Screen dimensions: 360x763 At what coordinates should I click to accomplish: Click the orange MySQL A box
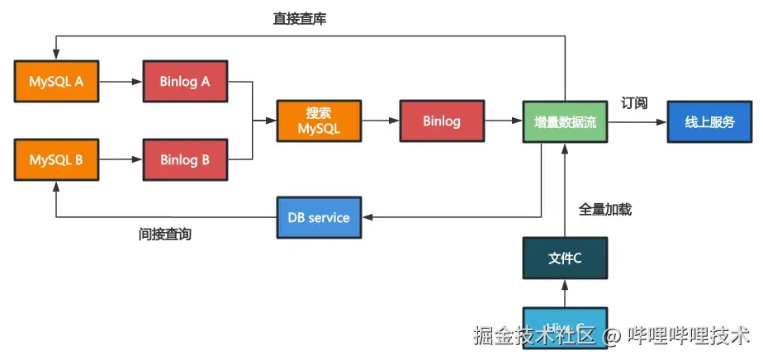[55, 81]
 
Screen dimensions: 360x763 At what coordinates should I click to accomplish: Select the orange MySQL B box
[55, 159]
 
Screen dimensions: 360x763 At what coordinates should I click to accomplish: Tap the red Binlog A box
[184, 81]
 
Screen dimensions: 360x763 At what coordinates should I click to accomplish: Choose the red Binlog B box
[184, 159]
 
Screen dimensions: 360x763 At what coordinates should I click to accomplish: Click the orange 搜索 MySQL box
[319, 121]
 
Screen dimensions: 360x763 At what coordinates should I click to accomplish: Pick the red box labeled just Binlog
[441, 121]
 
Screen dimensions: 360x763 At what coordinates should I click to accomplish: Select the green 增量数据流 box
[565, 121]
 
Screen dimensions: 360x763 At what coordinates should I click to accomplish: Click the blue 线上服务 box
[709, 121]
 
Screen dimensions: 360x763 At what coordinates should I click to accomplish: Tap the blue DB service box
[319, 218]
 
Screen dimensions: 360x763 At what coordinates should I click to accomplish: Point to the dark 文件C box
[565, 258]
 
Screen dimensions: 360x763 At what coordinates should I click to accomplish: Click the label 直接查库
[300, 18]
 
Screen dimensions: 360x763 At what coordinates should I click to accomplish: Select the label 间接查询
[165, 234]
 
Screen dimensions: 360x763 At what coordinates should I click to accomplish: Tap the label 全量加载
[605, 210]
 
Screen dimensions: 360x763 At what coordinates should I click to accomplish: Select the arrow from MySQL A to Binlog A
[120, 81]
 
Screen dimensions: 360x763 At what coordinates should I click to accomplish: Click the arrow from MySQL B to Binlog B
[120, 159]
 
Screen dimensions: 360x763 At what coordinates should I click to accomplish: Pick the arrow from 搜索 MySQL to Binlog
[381, 121]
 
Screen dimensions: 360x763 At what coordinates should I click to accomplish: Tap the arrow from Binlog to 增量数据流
[503, 121]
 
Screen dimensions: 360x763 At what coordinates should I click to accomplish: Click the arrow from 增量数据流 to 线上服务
[637, 121]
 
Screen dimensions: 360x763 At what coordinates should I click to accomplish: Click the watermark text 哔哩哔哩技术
[689, 335]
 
